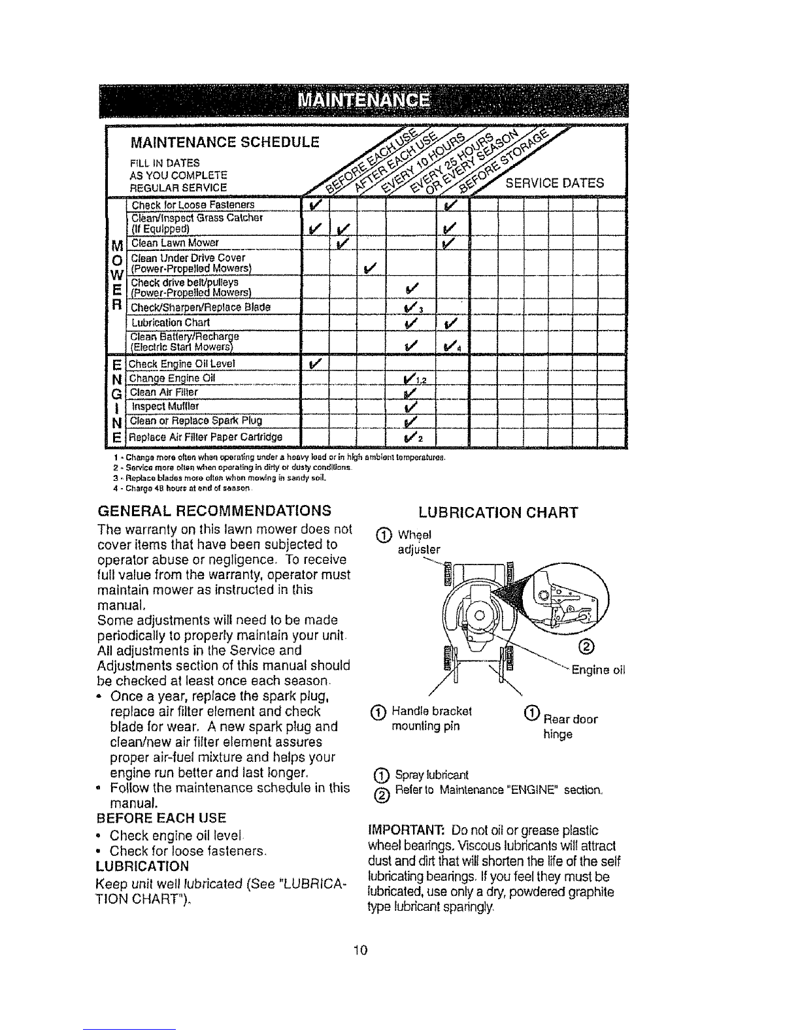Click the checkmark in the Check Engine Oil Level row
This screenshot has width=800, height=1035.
pyautogui.click(x=313, y=363)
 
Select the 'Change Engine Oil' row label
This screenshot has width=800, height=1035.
pyautogui.click(x=171, y=378)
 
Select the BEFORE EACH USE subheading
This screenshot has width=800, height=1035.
pyautogui.click(x=161, y=817)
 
